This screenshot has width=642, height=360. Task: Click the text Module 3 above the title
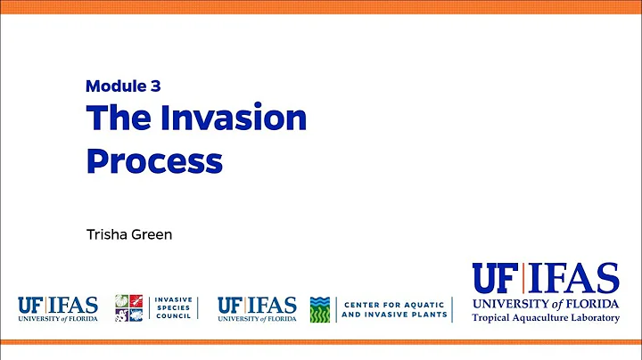[122, 86]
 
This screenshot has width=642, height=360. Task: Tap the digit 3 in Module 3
[154, 86]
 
